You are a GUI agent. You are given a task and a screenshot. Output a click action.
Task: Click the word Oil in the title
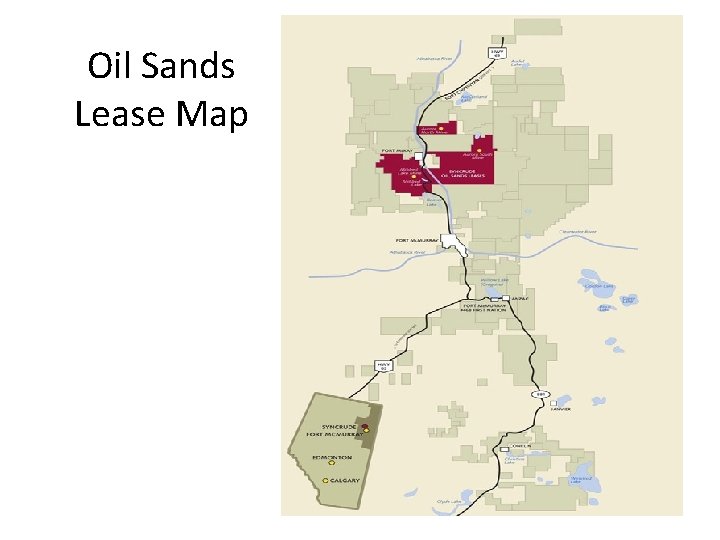pyautogui.click(x=107, y=67)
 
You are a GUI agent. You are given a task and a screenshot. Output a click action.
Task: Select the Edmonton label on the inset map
pyautogui.click(x=330, y=458)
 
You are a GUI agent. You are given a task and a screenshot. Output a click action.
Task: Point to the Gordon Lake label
pyautogui.click(x=598, y=287)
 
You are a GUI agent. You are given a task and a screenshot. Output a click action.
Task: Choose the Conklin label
pyautogui.click(x=520, y=447)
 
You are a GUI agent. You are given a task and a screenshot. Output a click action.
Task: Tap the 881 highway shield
pyautogui.click(x=542, y=394)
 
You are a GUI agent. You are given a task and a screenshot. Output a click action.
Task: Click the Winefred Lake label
pyautogui.click(x=582, y=480)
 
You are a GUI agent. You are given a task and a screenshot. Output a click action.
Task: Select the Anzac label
pyautogui.click(x=516, y=298)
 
